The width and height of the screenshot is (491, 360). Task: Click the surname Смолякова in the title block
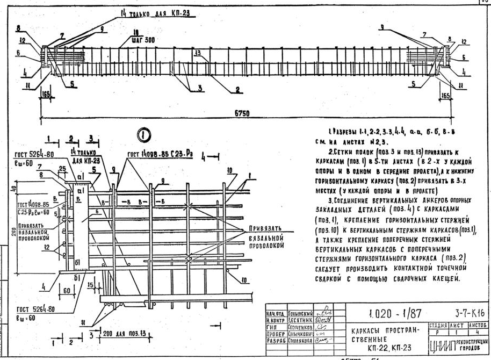tap(297, 340)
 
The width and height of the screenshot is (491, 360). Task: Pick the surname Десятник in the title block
tap(297, 319)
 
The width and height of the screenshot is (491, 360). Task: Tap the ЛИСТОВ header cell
tap(478, 325)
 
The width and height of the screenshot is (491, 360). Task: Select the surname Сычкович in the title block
tap(297, 333)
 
